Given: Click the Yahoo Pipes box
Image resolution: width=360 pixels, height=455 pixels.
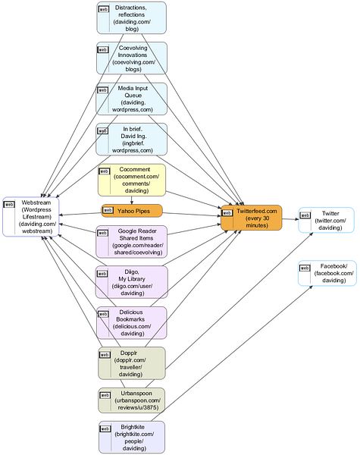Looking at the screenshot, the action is click(x=132, y=211).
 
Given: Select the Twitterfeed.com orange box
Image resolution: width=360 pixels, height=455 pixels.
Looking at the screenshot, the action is click(x=251, y=218).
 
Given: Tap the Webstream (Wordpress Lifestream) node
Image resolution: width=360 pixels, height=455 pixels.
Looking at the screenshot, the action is click(x=31, y=216).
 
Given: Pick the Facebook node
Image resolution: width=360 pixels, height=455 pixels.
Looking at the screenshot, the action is click(x=327, y=273).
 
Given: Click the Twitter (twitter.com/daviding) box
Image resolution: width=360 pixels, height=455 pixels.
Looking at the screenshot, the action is click(x=327, y=220).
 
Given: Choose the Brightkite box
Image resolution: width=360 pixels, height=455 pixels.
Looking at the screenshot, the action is click(x=132, y=438).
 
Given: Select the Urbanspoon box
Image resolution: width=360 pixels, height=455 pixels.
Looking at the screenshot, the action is click(x=132, y=400).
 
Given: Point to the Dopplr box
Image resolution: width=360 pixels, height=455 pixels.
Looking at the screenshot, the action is click(x=132, y=363).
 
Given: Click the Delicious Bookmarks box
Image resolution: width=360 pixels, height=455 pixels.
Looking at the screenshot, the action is click(x=132, y=323).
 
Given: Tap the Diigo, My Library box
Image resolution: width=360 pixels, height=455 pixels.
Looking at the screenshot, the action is click(x=132, y=282).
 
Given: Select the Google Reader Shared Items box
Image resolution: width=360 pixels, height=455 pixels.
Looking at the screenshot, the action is click(x=132, y=241).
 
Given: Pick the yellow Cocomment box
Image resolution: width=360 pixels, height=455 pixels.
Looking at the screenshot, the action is click(x=132, y=180).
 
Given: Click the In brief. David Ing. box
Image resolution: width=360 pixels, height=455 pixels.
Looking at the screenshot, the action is click(x=132, y=140).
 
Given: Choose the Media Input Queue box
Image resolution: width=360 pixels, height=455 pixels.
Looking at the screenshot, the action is click(x=132, y=99).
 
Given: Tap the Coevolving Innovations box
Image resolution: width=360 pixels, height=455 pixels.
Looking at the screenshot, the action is click(x=132, y=58).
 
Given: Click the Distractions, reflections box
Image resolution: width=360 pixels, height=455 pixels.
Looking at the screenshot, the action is click(x=132, y=17).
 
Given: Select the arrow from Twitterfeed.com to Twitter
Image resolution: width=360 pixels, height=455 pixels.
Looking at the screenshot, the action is click(x=290, y=219).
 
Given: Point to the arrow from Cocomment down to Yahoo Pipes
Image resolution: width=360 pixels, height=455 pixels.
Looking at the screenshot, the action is click(x=132, y=200).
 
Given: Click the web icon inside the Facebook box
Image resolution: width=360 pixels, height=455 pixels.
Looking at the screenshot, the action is click(x=305, y=268).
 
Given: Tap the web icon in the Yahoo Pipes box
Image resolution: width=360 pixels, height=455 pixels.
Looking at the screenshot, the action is click(x=108, y=210).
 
